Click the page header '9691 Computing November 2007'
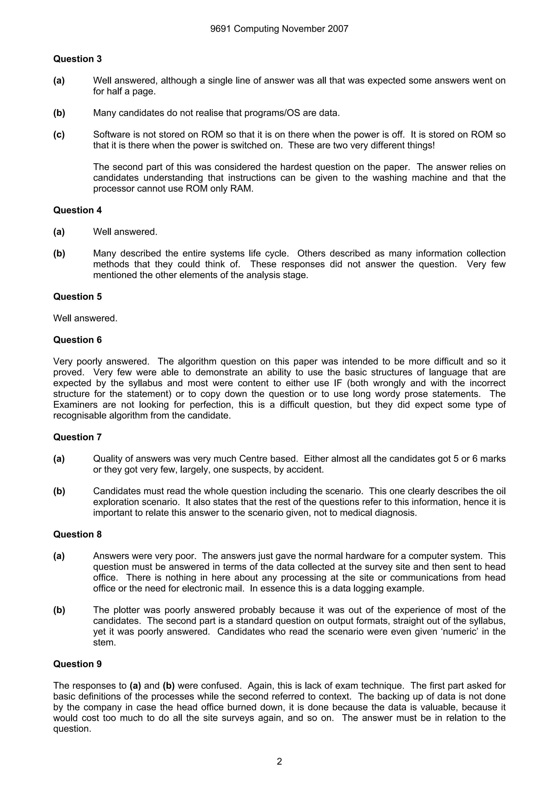click(279, 29)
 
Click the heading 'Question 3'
click(78, 59)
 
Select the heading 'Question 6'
click(78, 340)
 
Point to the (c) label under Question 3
click(59, 134)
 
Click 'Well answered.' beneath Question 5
click(85, 318)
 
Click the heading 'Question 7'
click(78, 437)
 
